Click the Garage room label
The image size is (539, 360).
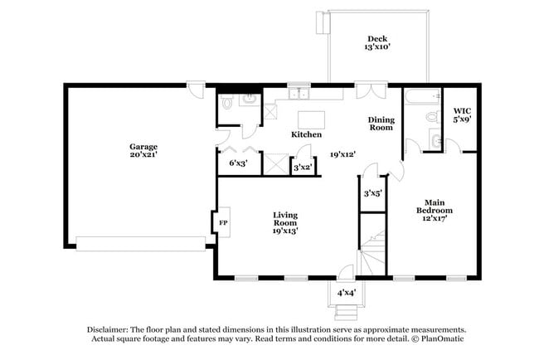point(143,151)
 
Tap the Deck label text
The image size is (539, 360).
point(378,42)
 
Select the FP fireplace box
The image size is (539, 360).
point(222,223)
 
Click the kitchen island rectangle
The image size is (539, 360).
point(311,117)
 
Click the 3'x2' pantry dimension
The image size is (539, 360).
point(303,168)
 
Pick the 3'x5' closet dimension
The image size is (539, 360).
point(372,194)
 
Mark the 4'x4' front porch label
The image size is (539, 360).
point(347,293)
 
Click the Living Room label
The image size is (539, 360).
point(285,222)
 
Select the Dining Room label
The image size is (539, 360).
point(381,124)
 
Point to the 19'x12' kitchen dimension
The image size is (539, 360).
point(342,153)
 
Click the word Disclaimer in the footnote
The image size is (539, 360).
point(113,328)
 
